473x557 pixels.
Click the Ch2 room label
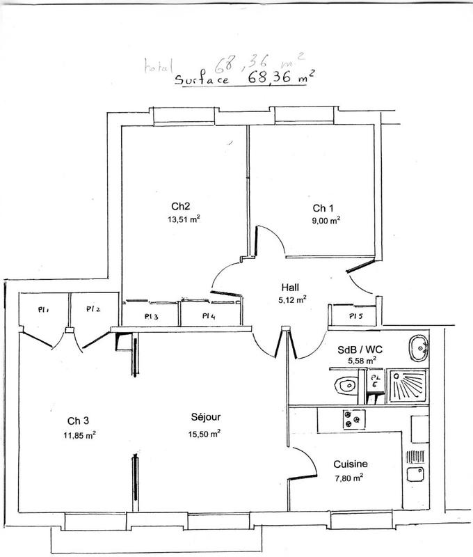click(181, 206)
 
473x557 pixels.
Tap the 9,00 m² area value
click(326, 221)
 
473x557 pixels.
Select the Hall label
click(290, 287)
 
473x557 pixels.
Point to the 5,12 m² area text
click(292, 300)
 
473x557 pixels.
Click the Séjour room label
click(205, 418)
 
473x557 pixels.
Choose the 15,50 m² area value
click(206, 432)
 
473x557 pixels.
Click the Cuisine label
click(350, 464)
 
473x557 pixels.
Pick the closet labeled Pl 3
click(152, 316)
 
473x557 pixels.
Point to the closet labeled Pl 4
click(209, 316)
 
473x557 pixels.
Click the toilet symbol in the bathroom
click(344, 384)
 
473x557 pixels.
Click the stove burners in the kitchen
click(353, 418)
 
